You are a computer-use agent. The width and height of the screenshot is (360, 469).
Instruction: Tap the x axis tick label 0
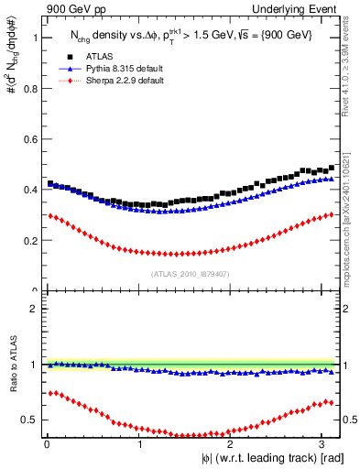point(46,444)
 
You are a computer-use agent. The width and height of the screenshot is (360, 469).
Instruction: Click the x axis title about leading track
point(266,457)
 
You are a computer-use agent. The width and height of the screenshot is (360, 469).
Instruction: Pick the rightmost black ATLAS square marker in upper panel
point(331,168)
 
